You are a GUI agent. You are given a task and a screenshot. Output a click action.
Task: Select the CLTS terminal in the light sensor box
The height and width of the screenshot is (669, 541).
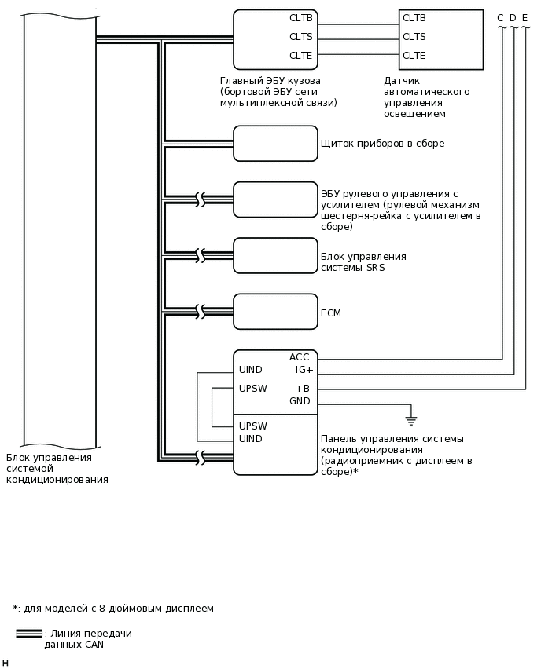(414, 37)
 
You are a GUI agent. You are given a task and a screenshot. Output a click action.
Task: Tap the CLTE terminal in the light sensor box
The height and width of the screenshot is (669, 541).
(414, 56)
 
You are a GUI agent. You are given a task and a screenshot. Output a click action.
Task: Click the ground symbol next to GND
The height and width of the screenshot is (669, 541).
(410, 421)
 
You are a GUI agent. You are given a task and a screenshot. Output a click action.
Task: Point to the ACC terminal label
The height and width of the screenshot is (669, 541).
(300, 357)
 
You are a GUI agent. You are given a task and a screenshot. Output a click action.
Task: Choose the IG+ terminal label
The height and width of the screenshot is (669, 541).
(304, 369)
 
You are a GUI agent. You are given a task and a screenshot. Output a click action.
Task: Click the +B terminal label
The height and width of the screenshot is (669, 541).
(303, 389)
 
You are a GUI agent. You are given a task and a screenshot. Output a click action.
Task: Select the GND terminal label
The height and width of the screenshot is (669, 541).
(300, 401)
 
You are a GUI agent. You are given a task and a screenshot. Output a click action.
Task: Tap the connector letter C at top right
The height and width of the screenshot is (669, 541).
(500, 17)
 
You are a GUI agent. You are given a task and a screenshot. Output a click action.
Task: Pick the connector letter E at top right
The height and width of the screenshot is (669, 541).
(524, 17)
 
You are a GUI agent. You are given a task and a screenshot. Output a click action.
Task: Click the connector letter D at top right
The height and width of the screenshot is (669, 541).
(513, 17)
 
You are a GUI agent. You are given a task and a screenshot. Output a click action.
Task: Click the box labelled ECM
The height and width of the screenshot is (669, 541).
(275, 312)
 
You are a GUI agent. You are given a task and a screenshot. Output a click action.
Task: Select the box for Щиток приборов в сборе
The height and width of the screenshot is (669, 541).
(275, 144)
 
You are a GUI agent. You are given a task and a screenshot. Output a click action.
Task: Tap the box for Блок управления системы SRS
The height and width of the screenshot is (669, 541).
(275, 255)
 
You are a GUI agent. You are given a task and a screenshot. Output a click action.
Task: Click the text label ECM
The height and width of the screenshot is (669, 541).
(331, 313)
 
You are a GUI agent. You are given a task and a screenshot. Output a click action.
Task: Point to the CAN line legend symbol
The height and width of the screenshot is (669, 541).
(29, 634)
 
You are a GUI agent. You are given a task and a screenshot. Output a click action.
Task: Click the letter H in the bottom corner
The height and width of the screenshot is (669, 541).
(5, 664)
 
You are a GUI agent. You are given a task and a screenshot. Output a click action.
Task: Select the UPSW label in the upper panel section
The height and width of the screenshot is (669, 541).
(252, 389)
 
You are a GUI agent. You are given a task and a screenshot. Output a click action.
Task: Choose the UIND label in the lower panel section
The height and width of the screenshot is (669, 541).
(251, 439)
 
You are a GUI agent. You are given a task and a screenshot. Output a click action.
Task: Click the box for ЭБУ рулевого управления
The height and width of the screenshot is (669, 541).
(275, 199)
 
